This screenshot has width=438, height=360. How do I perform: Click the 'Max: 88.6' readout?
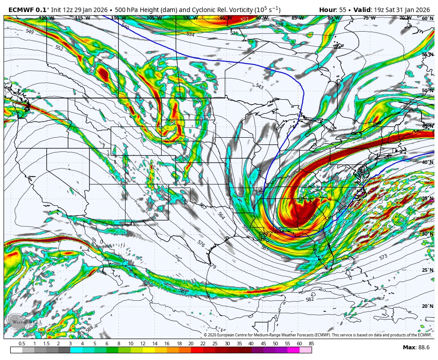pos(416,347)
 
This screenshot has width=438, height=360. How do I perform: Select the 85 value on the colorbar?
pos(311,344)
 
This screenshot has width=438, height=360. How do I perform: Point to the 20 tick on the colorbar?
pos(191,344)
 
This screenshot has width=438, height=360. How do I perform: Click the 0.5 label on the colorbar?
pos(22,344)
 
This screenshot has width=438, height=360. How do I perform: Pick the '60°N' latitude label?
pos(428,19)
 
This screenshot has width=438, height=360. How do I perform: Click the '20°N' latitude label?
pos(428,307)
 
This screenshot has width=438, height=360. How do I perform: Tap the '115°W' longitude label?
pos(82,18)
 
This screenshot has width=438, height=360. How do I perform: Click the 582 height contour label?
pos(310,299)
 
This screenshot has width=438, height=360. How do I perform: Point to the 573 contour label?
pos(383,258)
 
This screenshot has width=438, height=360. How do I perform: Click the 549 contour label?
pos(30,32)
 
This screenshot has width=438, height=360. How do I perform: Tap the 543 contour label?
pos(260,86)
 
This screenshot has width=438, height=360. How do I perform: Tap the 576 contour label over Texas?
pos(201,244)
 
